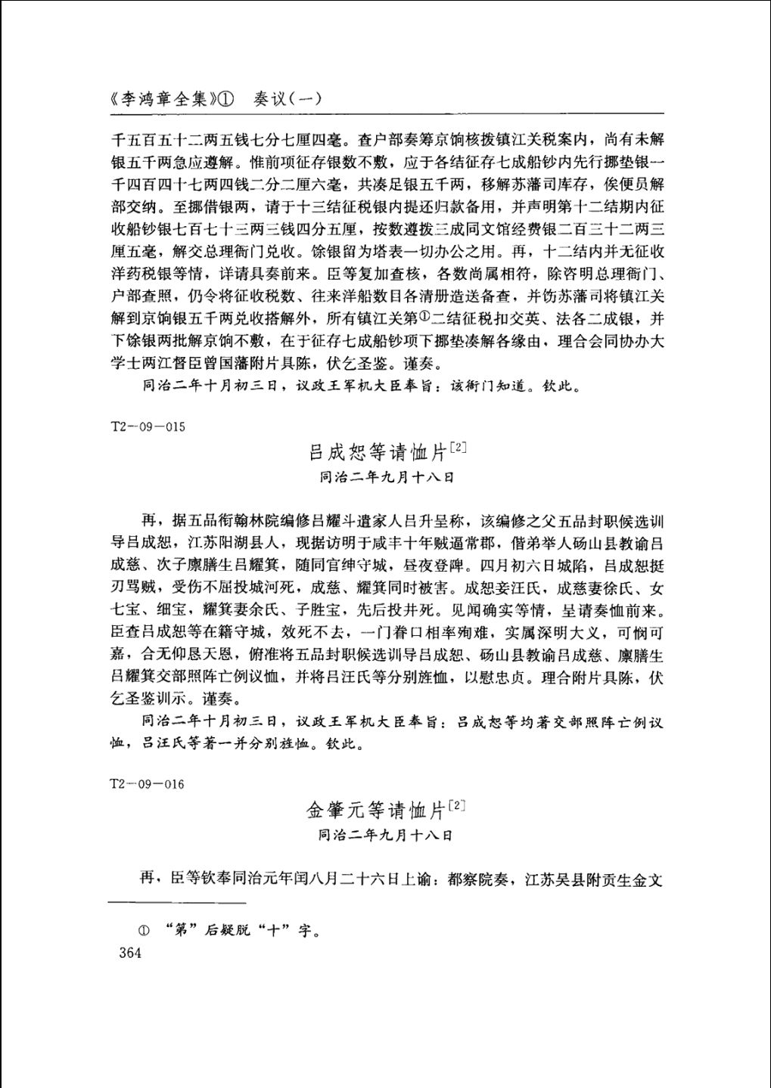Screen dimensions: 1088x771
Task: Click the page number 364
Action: pyautogui.click(x=130, y=953)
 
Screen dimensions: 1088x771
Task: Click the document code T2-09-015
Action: pyautogui.click(x=148, y=426)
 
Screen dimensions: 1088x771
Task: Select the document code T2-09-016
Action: pyautogui.click(x=148, y=784)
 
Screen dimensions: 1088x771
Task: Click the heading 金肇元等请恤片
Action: pyautogui.click(x=376, y=811)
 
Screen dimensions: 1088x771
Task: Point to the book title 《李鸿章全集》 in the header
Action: pyautogui.click(x=161, y=99)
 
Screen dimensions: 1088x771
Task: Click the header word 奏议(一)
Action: pyautogui.click(x=288, y=99)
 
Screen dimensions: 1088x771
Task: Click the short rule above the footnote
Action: pyautogui.click(x=177, y=903)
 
